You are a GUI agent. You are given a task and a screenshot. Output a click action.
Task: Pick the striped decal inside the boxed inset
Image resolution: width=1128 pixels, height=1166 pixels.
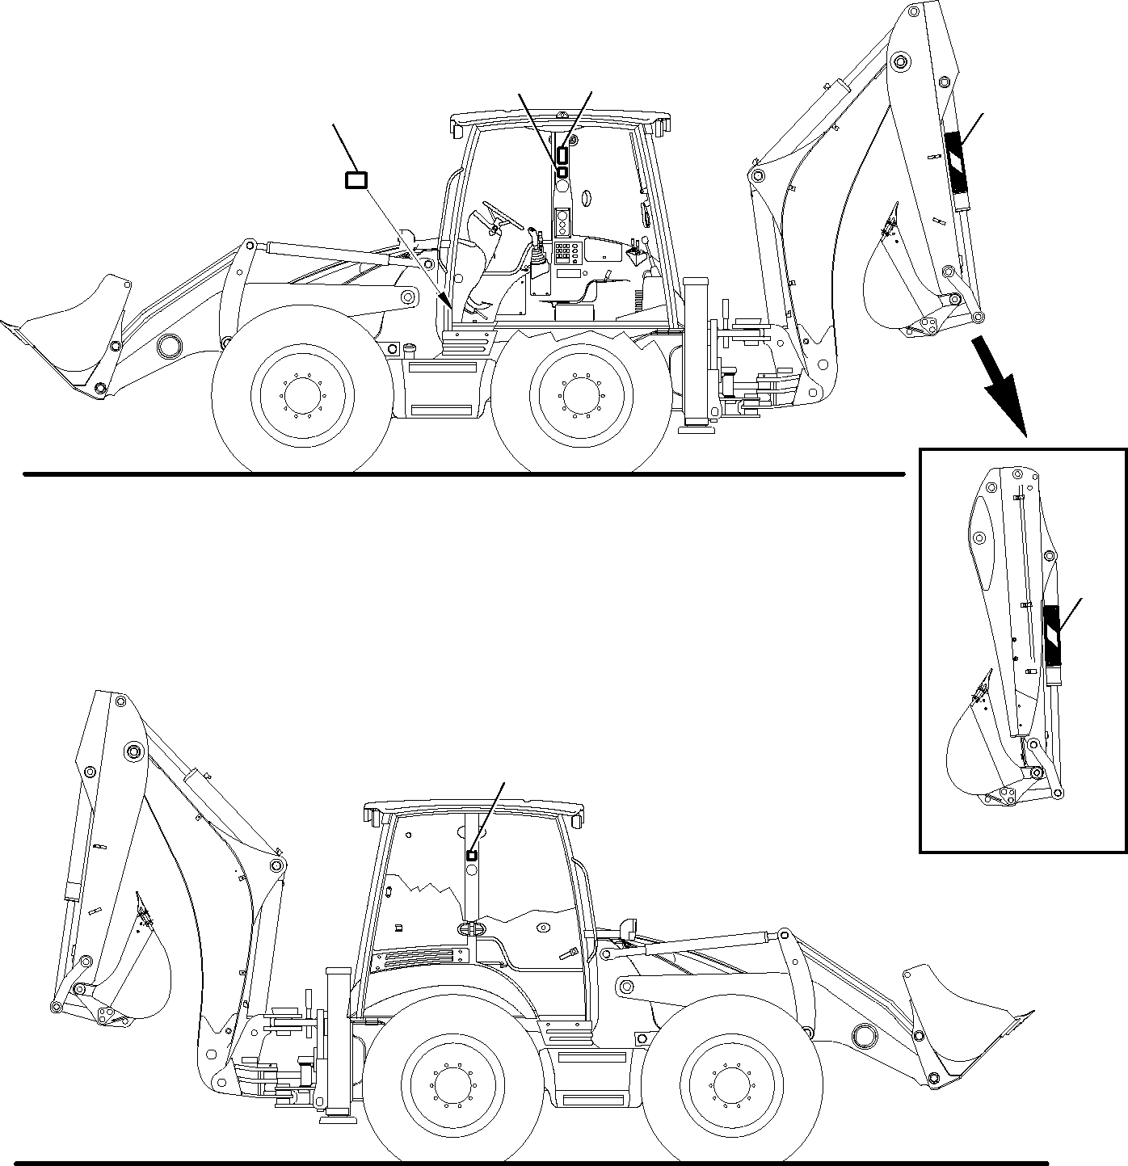(x=1051, y=635)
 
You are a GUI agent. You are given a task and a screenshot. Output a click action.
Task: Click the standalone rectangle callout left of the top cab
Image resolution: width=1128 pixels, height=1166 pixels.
(x=356, y=180)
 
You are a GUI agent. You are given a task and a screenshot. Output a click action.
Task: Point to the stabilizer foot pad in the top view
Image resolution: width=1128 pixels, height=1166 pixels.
(x=695, y=429)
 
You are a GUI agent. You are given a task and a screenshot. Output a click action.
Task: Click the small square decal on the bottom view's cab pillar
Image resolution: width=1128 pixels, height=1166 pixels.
(x=472, y=855)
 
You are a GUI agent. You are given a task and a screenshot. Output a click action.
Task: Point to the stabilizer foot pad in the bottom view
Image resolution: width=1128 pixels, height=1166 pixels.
(x=338, y=1119)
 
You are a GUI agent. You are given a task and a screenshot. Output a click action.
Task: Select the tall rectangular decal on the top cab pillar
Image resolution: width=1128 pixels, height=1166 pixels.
(x=563, y=155)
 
